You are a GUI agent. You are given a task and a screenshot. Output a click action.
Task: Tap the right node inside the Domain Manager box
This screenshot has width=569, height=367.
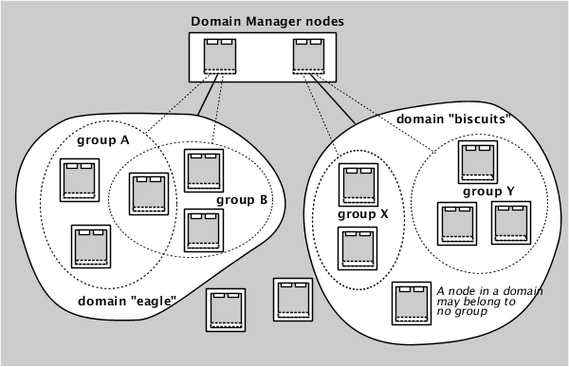308,58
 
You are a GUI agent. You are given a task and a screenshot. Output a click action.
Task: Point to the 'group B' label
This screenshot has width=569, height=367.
243,200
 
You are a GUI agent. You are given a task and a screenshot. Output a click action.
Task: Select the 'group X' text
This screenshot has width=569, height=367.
363,214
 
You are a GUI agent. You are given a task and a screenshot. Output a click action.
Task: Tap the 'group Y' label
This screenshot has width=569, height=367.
488,191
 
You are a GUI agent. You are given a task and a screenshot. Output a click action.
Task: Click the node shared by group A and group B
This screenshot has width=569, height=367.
148,193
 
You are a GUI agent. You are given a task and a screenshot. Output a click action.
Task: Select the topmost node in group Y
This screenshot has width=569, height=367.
475,160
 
